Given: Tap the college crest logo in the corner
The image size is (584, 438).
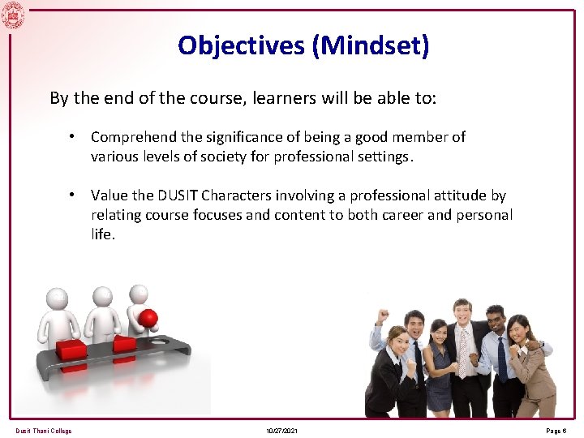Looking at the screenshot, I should click(x=13, y=14).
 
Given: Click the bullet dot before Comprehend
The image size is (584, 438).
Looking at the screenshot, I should click(x=73, y=137).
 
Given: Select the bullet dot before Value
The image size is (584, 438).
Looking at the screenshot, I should click(x=73, y=195).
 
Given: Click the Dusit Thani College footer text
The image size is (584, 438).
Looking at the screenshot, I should click(x=43, y=431).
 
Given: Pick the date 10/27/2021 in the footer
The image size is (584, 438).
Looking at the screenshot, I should click(x=281, y=431).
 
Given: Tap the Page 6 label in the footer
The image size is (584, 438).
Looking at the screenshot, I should click(x=557, y=431).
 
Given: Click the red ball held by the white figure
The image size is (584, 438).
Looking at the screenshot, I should click(x=148, y=317).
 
